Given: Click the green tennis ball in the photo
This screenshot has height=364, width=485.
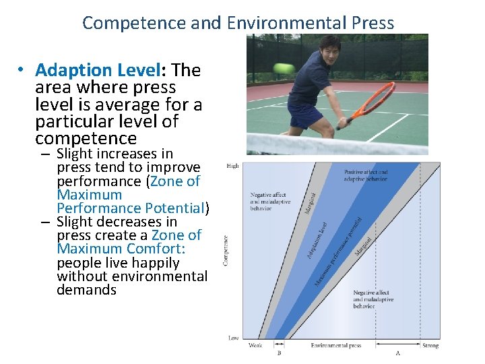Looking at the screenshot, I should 282,68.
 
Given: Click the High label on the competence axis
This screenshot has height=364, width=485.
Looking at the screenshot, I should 233,166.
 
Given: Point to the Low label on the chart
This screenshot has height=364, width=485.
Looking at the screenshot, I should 233,338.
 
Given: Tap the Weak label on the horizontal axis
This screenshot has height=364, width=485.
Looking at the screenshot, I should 255,346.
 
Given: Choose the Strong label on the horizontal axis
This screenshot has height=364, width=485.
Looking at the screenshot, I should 430,346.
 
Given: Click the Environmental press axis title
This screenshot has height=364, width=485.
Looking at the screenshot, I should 336,346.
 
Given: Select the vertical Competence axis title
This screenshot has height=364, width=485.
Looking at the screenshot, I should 225,250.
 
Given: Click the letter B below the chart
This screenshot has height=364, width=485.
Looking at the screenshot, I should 279,353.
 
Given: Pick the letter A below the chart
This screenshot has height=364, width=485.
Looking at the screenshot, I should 398,353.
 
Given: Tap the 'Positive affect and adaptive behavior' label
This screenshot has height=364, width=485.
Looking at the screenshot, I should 366,175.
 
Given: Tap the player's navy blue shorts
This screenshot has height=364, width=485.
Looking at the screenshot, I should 306,114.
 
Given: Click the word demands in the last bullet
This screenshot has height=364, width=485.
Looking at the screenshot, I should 87,290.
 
